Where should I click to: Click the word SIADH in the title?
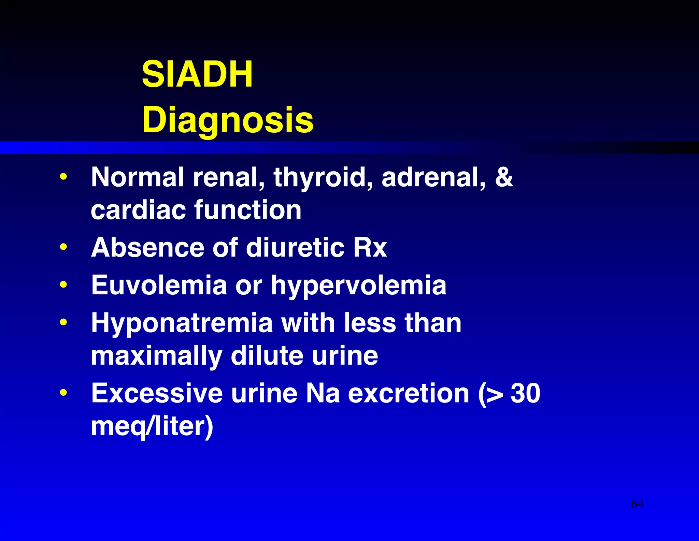pos(197,74)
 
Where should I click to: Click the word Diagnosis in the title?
pos(228,120)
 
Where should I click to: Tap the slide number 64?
pos(637,504)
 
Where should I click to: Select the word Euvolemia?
pos(159,285)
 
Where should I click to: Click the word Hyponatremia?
pos(182,323)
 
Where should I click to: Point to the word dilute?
pos(267,356)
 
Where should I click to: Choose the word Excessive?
pos(157,393)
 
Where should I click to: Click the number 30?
pos(525,393)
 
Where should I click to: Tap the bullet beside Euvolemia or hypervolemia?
pos(63,284)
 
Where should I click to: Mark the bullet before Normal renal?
pos(63,177)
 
